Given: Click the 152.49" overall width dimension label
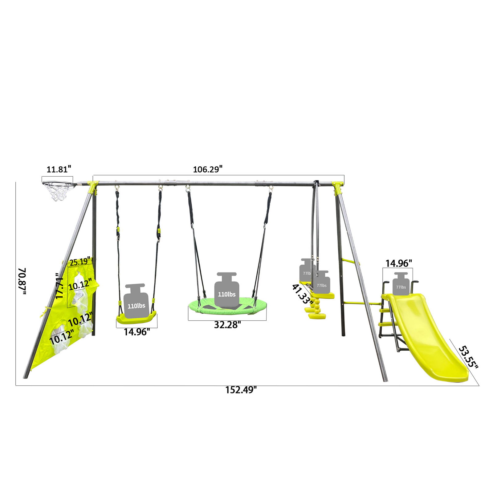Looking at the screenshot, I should [x=241, y=390].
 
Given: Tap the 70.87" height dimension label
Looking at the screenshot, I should [x=22, y=281].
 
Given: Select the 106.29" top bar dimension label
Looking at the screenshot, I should [x=207, y=169].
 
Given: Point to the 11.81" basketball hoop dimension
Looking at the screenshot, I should [x=59, y=169].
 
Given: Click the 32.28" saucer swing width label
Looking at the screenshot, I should [x=227, y=325].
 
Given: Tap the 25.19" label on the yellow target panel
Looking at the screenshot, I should [x=80, y=262].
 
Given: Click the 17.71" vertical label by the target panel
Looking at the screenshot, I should [x=59, y=286].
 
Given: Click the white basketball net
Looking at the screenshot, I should [x=59, y=192].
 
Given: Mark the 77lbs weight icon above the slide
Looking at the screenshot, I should [x=401, y=284].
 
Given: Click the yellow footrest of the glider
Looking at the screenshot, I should [x=317, y=316].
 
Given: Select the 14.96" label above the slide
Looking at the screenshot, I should [x=398, y=263].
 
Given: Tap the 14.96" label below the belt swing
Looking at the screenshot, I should [x=136, y=332].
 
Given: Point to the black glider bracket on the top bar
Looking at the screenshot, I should [x=316, y=184].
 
